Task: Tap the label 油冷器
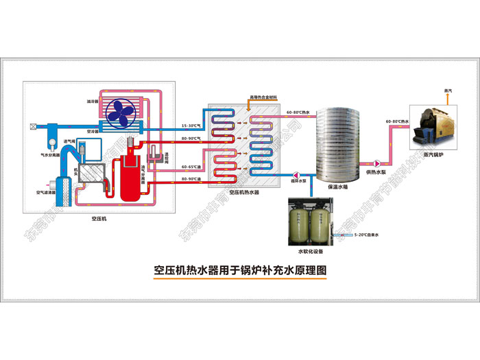click(92, 101)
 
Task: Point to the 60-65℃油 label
click(191, 167)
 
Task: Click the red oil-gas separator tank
click(128, 177)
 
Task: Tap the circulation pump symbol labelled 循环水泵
click(297, 173)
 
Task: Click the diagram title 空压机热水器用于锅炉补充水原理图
click(240, 271)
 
